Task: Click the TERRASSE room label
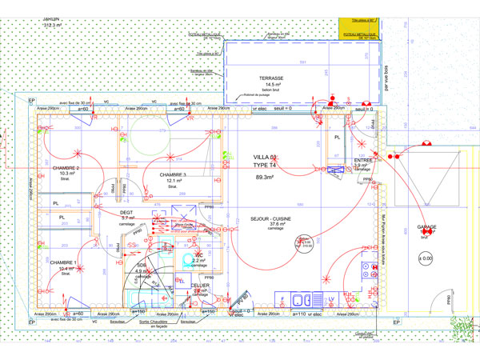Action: [271, 78]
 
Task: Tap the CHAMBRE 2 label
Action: [66, 168]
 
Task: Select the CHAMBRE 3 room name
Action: [173, 174]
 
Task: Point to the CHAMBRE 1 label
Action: [64, 262]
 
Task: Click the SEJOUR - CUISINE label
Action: [271, 218]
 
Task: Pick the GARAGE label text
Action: [426, 227]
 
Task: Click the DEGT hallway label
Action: [126, 212]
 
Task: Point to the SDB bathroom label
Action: [141, 265]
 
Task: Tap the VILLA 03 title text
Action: [266, 156]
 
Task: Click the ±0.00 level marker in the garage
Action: [426, 258]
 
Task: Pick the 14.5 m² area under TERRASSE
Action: [270, 84]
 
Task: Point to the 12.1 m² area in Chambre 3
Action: [170, 181]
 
